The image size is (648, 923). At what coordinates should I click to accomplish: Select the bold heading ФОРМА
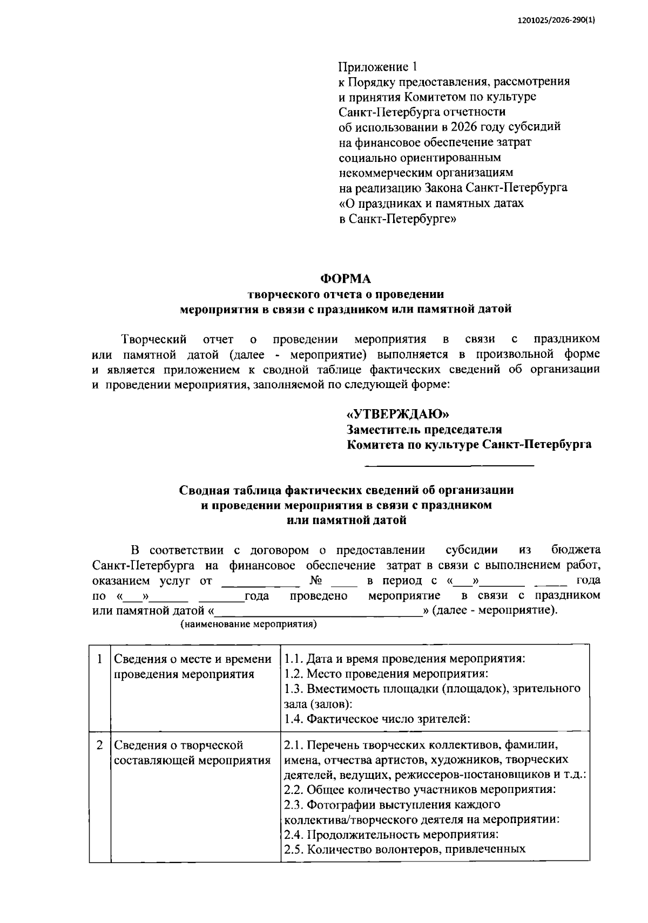(x=346, y=279)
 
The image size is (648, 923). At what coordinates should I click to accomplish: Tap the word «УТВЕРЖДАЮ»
(x=397, y=414)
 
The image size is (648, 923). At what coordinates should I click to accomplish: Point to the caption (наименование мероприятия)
(x=248, y=625)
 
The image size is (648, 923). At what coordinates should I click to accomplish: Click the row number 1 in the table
(x=99, y=659)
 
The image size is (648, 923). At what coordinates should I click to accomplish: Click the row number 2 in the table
(x=99, y=745)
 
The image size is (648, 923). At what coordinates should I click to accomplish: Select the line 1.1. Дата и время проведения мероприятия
(x=405, y=659)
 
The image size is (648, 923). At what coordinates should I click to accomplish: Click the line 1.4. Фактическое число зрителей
(x=377, y=718)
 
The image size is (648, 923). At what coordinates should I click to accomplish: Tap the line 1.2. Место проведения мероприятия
(x=386, y=674)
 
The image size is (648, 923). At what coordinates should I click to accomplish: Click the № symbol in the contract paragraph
(x=316, y=581)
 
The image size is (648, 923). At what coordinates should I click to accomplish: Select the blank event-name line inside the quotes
(x=319, y=611)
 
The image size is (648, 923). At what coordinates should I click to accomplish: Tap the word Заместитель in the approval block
(x=384, y=430)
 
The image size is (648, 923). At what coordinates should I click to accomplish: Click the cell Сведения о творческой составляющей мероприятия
(x=192, y=752)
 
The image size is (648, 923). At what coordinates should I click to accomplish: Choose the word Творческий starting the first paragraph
(x=154, y=340)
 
